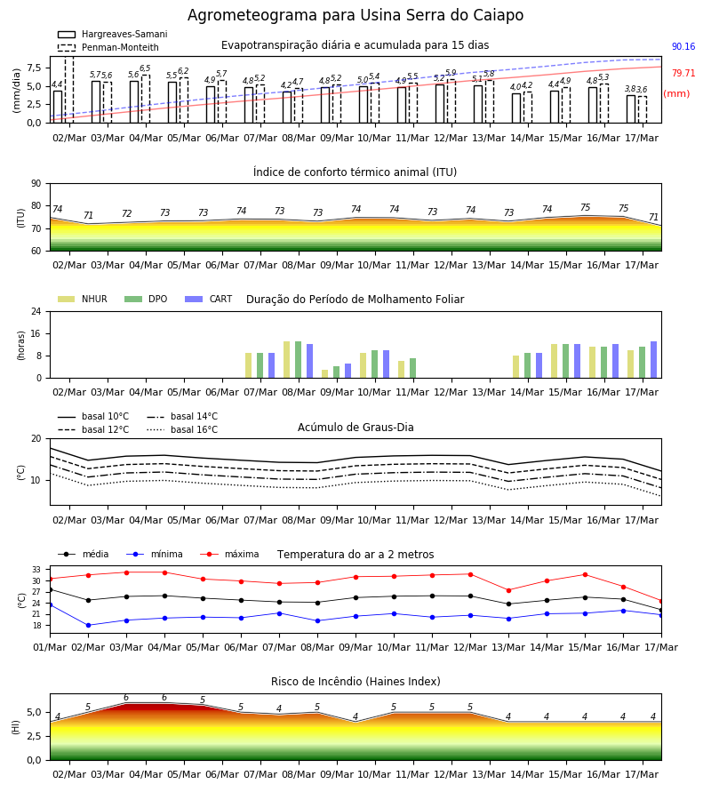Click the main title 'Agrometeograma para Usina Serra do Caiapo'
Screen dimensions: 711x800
click(355, 15)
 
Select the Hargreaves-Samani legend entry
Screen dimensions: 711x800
click(113, 34)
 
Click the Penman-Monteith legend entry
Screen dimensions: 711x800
click(108, 47)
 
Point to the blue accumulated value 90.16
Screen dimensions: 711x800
click(683, 46)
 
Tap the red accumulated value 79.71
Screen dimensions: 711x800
click(683, 73)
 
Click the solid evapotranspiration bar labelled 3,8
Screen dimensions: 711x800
click(631, 109)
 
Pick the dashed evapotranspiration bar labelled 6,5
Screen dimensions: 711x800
click(146, 99)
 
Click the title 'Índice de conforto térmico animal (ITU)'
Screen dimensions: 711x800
click(355, 172)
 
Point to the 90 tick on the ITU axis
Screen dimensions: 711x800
click(36, 184)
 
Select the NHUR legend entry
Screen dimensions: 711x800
click(83, 299)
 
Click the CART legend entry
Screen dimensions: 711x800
click(209, 299)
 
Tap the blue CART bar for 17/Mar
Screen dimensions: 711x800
click(654, 360)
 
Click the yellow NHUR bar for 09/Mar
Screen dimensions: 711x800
click(325, 374)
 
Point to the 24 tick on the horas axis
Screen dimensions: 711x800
click(36, 311)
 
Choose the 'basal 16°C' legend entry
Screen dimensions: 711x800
click(182, 429)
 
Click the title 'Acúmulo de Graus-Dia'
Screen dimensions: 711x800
click(355, 427)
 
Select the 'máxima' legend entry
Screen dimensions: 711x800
click(229, 554)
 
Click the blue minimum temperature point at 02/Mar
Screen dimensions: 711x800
click(88, 625)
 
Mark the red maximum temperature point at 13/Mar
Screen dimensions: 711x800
click(508, 590)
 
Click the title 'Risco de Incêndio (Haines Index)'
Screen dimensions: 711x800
click(355, 682)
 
